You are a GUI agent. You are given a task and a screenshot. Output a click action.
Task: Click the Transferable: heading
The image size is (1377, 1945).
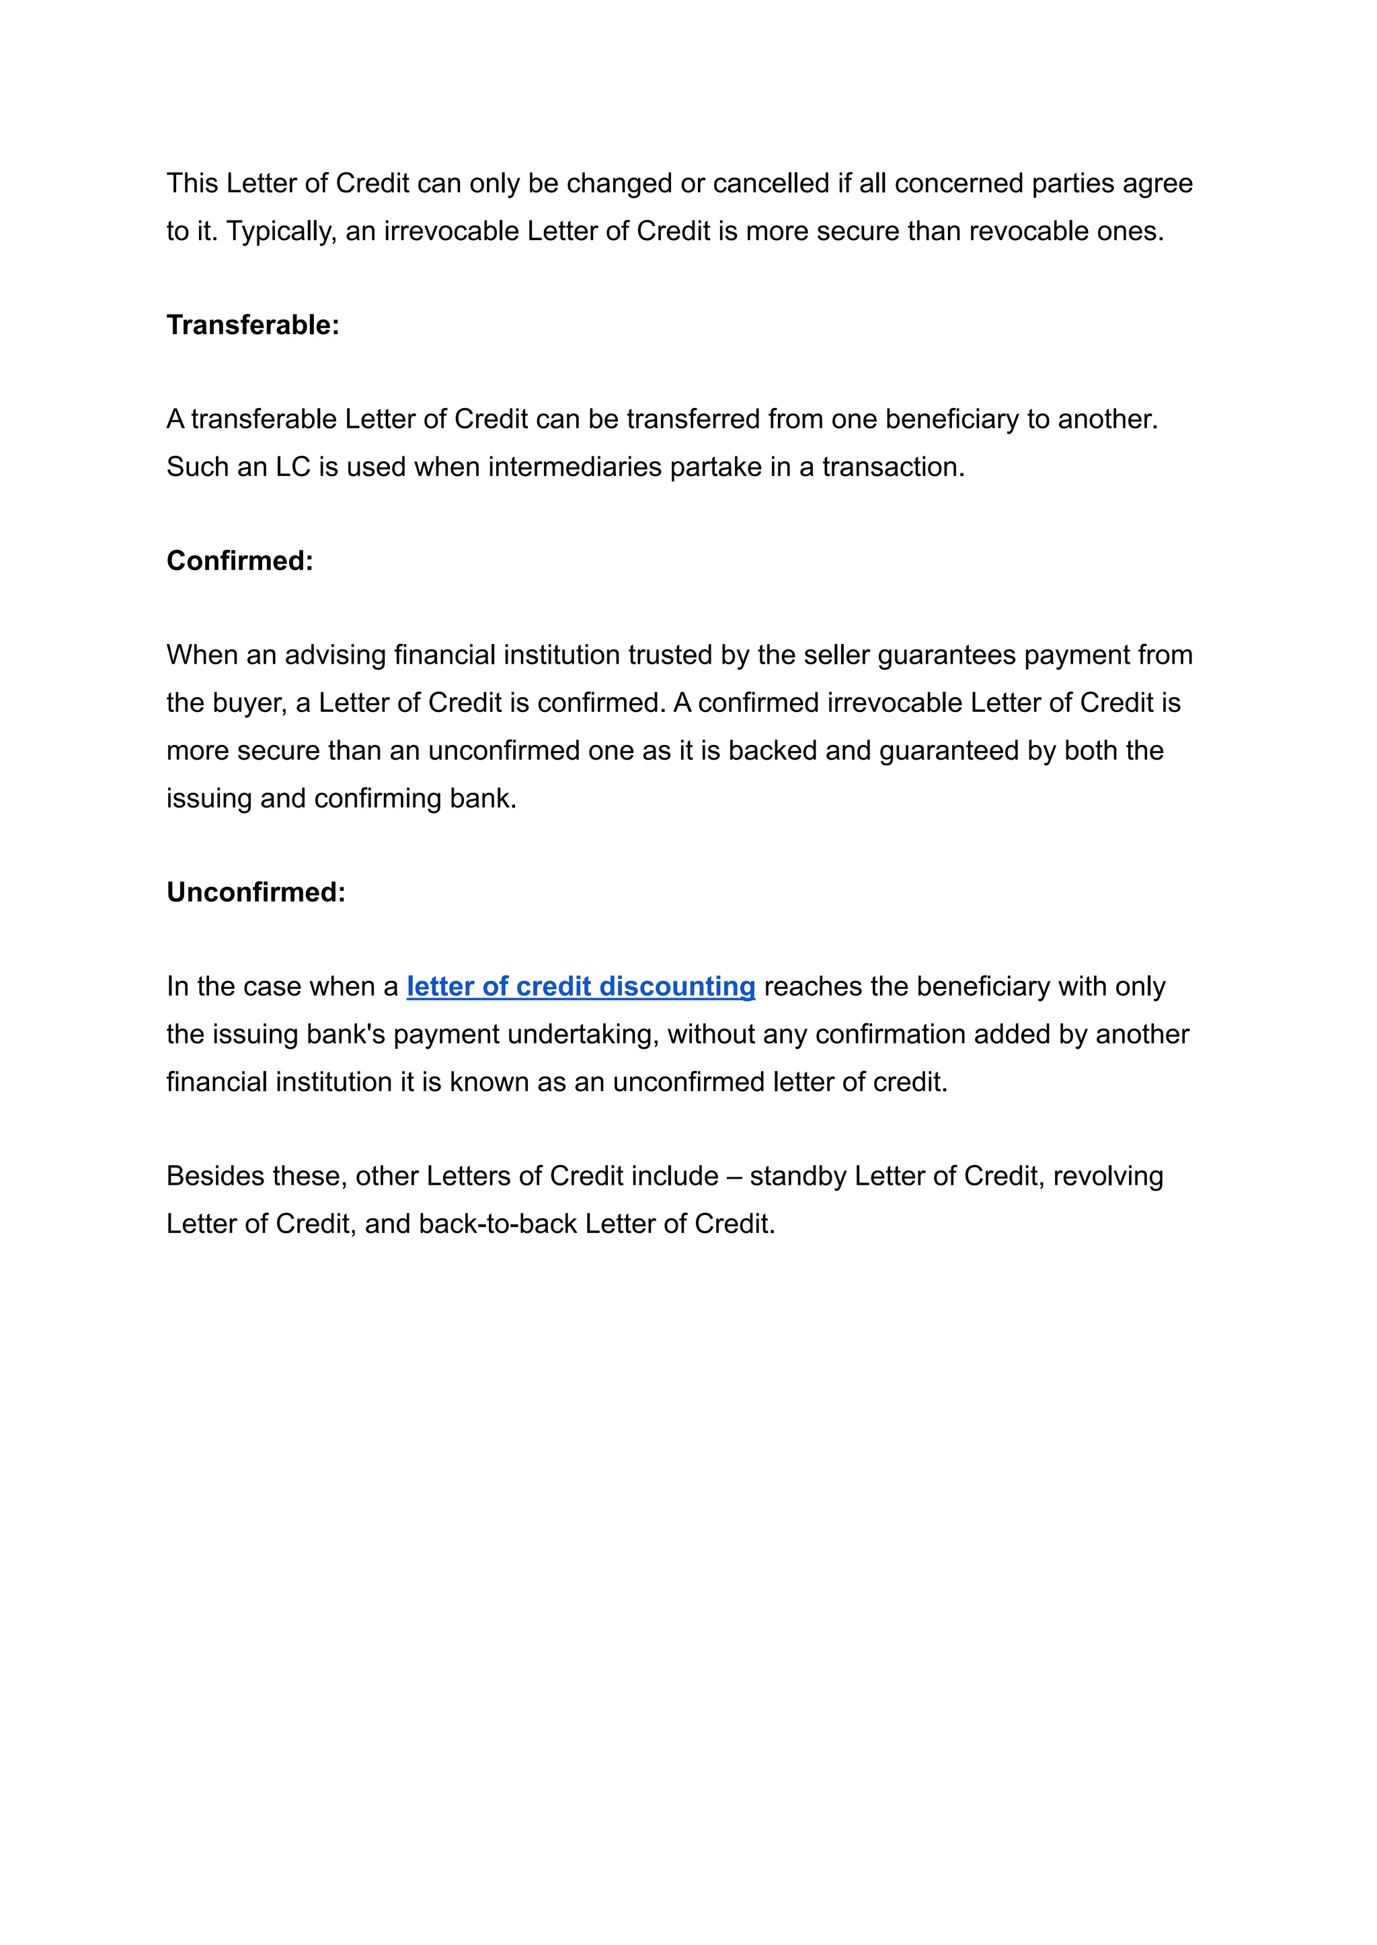(253, 325)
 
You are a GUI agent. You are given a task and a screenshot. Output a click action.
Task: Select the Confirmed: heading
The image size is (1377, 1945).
(240, 561)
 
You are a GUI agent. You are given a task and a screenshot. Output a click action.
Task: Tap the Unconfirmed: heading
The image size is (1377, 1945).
(256, 892)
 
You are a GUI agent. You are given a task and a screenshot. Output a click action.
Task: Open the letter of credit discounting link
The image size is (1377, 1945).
(581, 986)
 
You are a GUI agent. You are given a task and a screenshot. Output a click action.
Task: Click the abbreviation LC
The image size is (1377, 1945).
(293, 467)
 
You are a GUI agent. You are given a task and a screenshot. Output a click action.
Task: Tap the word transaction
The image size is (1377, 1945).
(893, 467)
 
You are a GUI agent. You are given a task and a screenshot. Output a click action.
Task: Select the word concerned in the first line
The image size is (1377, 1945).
(959, 183)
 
